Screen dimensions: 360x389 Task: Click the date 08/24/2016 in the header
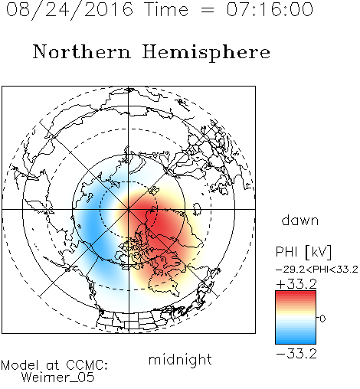(x=70, y=10)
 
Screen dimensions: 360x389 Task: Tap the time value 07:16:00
(x=270, y=9)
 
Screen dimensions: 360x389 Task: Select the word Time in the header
(x=166, y=9)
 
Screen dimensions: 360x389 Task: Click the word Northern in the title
(x=82, y=51)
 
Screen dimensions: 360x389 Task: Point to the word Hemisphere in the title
(x=206, y=53)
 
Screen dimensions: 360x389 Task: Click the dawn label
(x=300, y=220)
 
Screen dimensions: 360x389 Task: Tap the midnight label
(x=180, y=359)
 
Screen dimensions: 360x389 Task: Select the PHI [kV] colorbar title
(x=303, y=252)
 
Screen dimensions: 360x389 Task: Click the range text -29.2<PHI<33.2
(x=317, y=270)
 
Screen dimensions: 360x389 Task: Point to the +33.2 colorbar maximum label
(x=296, y=284)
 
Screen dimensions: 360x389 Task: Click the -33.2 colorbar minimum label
(x=296, y=354)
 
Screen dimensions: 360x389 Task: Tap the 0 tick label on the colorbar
(x=322, y=319)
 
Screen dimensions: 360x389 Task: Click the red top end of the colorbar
(x=296, y=293)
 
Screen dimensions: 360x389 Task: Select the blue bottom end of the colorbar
(x=296, y=342)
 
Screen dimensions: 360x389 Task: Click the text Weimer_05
(x=58, y=378)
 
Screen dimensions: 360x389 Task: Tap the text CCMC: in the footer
(x=87, y=365)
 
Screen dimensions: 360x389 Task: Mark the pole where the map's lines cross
(x=129, y=209)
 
